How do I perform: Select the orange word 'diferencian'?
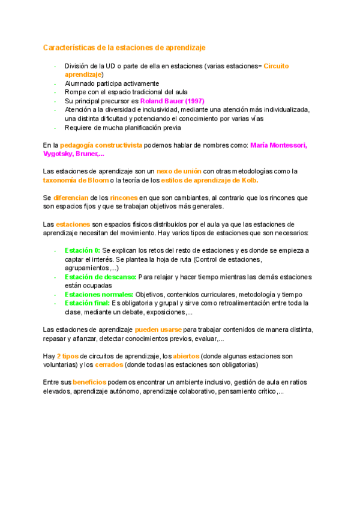pyautogui.click(x=71, y=197)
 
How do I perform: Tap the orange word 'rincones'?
pyautogui.click(x=124, y=197)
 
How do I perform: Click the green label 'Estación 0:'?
pyautogui.click(x=82, y=250)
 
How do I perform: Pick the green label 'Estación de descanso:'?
pyautogui.click(x=100, y=277)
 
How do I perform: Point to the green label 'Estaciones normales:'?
pyautogui.click(x=99, y=294)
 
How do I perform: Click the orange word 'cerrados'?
pyautogui.click(x=109, y=364)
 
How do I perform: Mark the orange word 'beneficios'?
pyautogui.click(x=89, y=382)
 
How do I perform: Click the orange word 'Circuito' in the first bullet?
pyautogui.click(x=276, y=65)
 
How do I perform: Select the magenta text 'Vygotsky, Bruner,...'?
pyautogui.click(x=73, y=154)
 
